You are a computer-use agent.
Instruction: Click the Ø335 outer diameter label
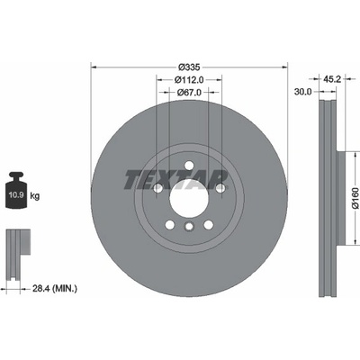(189, 67)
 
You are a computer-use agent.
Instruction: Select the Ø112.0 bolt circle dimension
(189, 80)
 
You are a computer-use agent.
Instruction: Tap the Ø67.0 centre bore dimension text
(189, 93)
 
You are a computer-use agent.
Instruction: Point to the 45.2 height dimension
(332, 79)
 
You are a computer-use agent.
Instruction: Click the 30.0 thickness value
(303, 92)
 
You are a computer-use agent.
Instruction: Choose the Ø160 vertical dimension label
(355, 198)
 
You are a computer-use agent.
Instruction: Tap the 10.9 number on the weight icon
(16, 195)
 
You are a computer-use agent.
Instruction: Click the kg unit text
(35, 196)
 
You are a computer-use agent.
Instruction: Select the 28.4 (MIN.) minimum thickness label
(54, 289)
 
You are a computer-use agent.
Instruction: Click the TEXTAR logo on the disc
(176, 180)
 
